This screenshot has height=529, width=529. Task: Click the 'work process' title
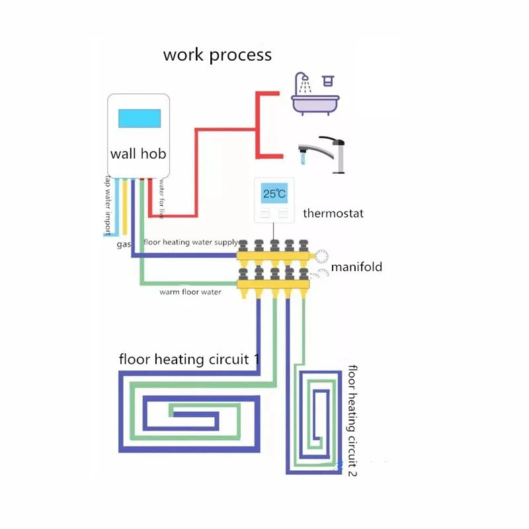pos(217,54)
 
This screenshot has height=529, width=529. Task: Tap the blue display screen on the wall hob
pos(140,118)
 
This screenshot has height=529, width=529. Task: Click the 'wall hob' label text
pos(138,154)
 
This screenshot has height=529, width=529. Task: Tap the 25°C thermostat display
pos(274,194)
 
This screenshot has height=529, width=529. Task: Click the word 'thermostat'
pos(333,214)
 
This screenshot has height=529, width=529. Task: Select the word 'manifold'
pos(356,267)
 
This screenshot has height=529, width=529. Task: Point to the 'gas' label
pos(124,245)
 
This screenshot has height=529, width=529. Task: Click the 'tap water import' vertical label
pos(107,206)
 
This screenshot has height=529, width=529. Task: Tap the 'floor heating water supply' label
pos(190,242)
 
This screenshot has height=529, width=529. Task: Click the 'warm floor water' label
pos(190,291)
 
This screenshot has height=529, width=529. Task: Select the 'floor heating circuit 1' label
pos(188,360)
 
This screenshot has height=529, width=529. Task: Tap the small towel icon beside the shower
pos(327,81)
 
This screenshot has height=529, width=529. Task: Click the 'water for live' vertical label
pos(161,199)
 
